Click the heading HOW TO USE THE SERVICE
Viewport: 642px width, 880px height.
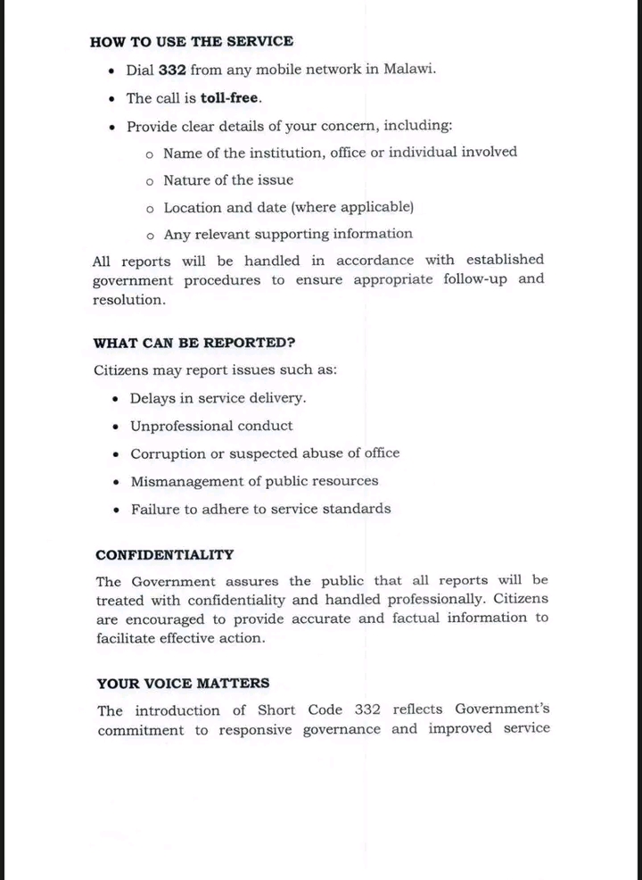[192, 41]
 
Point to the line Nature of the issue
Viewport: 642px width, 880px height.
[228, 179]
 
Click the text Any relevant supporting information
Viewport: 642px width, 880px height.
[288, 234]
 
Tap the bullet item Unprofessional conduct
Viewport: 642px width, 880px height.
[211, 426]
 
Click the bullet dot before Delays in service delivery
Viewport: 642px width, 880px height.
[116, 399]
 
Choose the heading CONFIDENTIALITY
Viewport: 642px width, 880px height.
[165, 554]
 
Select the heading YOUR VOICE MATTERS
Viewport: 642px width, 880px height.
[184, 684]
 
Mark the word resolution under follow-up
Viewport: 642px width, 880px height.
[128, 300]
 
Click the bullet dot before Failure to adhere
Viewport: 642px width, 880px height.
[116, 510]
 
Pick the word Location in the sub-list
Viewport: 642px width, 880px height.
[191, 207]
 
